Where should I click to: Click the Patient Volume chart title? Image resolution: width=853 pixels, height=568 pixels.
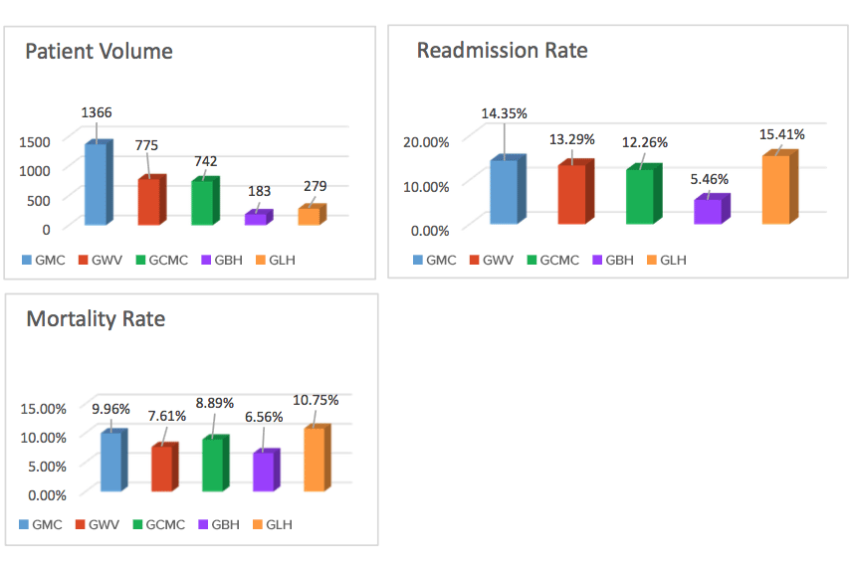pyautogui.click(x=99, y=51)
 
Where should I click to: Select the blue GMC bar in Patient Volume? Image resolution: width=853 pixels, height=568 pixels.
pyautogui.click(x=96, y=185)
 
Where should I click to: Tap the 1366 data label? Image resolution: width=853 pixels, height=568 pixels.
pyautogui.click(x=97, y=113)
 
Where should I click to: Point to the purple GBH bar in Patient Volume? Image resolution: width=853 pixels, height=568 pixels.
pyautogui.click(x=256, y=218)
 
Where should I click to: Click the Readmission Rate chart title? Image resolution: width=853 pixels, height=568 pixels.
pyautogui.click(x=502, y=50)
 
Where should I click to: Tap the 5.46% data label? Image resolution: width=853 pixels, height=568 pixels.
pyautogui.click(x=710, y=180)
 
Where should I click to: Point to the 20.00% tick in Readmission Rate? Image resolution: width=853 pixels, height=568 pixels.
pyautogui.click(x=426, y=140)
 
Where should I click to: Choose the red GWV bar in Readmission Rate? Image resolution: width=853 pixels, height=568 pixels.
pyautogui.click(x=572, y=193)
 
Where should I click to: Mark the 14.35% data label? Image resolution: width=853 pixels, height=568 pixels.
pyautogui.click(x=504, y=113)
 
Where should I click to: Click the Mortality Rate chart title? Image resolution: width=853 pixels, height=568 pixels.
pyautogui.click(x=96, y=319)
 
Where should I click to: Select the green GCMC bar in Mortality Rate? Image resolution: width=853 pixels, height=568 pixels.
pyautogui.click(x=213, y=465)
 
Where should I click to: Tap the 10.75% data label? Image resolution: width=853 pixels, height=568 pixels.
pyautogui.click(x=316, y=400)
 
